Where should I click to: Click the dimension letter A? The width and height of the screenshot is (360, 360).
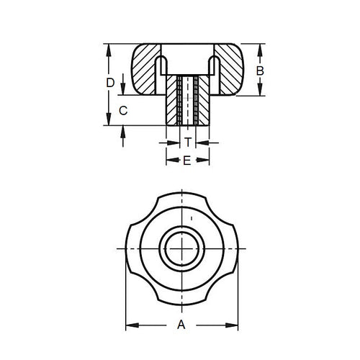point(181,326)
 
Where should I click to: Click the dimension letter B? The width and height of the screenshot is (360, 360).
point(261,71)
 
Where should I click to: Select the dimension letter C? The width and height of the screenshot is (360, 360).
point(123,111)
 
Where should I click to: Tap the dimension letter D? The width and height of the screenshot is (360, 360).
point(109,83)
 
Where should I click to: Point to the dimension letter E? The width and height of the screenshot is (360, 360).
point(186,161)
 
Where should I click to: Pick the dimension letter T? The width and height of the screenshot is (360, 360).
point(187,143)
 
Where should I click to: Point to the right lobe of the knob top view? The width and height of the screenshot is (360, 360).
point(230,248)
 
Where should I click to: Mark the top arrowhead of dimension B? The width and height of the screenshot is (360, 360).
point(260,48)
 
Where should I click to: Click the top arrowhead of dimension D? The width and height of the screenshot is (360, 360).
point(109,49)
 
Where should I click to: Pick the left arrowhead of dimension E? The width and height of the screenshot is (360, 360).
point(169,161)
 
